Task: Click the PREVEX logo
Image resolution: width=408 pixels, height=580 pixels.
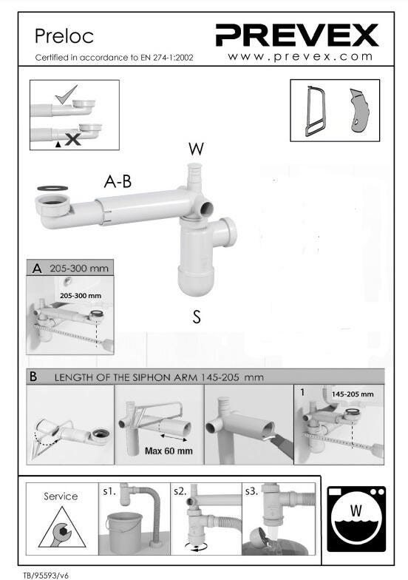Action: click(297, 35)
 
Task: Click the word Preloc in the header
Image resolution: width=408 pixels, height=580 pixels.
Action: click(64, 36)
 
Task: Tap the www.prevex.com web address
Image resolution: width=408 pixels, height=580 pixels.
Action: click(300, 56)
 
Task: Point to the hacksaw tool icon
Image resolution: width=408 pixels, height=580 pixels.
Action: click(313, 111)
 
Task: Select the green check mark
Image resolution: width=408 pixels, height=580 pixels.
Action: click(67, 95)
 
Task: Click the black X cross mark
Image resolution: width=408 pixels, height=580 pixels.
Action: click(72, 139)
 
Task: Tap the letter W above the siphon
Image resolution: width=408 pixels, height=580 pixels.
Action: click(196, 149)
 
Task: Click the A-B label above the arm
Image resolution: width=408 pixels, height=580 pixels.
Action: click(118, 182)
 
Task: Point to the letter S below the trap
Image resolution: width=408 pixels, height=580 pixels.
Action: click(197, 317)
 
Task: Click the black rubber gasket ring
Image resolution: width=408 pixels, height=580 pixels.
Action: click(52, 188)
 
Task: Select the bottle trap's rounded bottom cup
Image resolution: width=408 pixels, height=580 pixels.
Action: click(195, 280)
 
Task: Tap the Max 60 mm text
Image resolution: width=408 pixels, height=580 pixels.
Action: click(169, 451)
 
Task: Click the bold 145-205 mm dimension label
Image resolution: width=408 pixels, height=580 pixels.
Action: click(352, 394)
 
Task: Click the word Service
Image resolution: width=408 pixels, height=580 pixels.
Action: click(61, 496)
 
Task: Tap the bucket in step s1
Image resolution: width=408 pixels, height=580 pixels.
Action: click(124, 533)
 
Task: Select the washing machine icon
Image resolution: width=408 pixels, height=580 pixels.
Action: click(356, 519)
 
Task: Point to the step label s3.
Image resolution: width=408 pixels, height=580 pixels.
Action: click(251, 491)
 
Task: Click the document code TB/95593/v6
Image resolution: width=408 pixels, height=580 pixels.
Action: click(46, 576)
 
